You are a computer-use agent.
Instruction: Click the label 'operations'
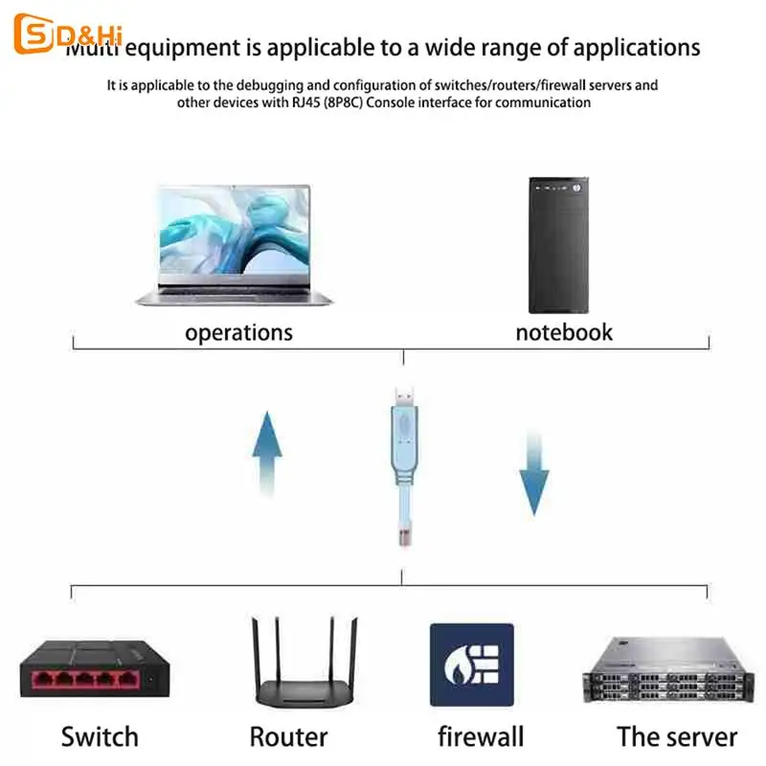point(238,333)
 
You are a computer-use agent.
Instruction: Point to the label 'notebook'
point(564,333)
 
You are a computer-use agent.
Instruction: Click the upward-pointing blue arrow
point(267,454)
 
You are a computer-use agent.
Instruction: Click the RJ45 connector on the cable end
point(402,532)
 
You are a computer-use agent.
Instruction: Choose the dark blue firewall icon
point(471,665)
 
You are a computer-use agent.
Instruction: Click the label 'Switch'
point(99,736)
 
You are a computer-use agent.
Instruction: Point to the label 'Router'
point(288,736)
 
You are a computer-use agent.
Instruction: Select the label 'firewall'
point(481,736)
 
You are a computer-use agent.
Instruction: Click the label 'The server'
point(677,736)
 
